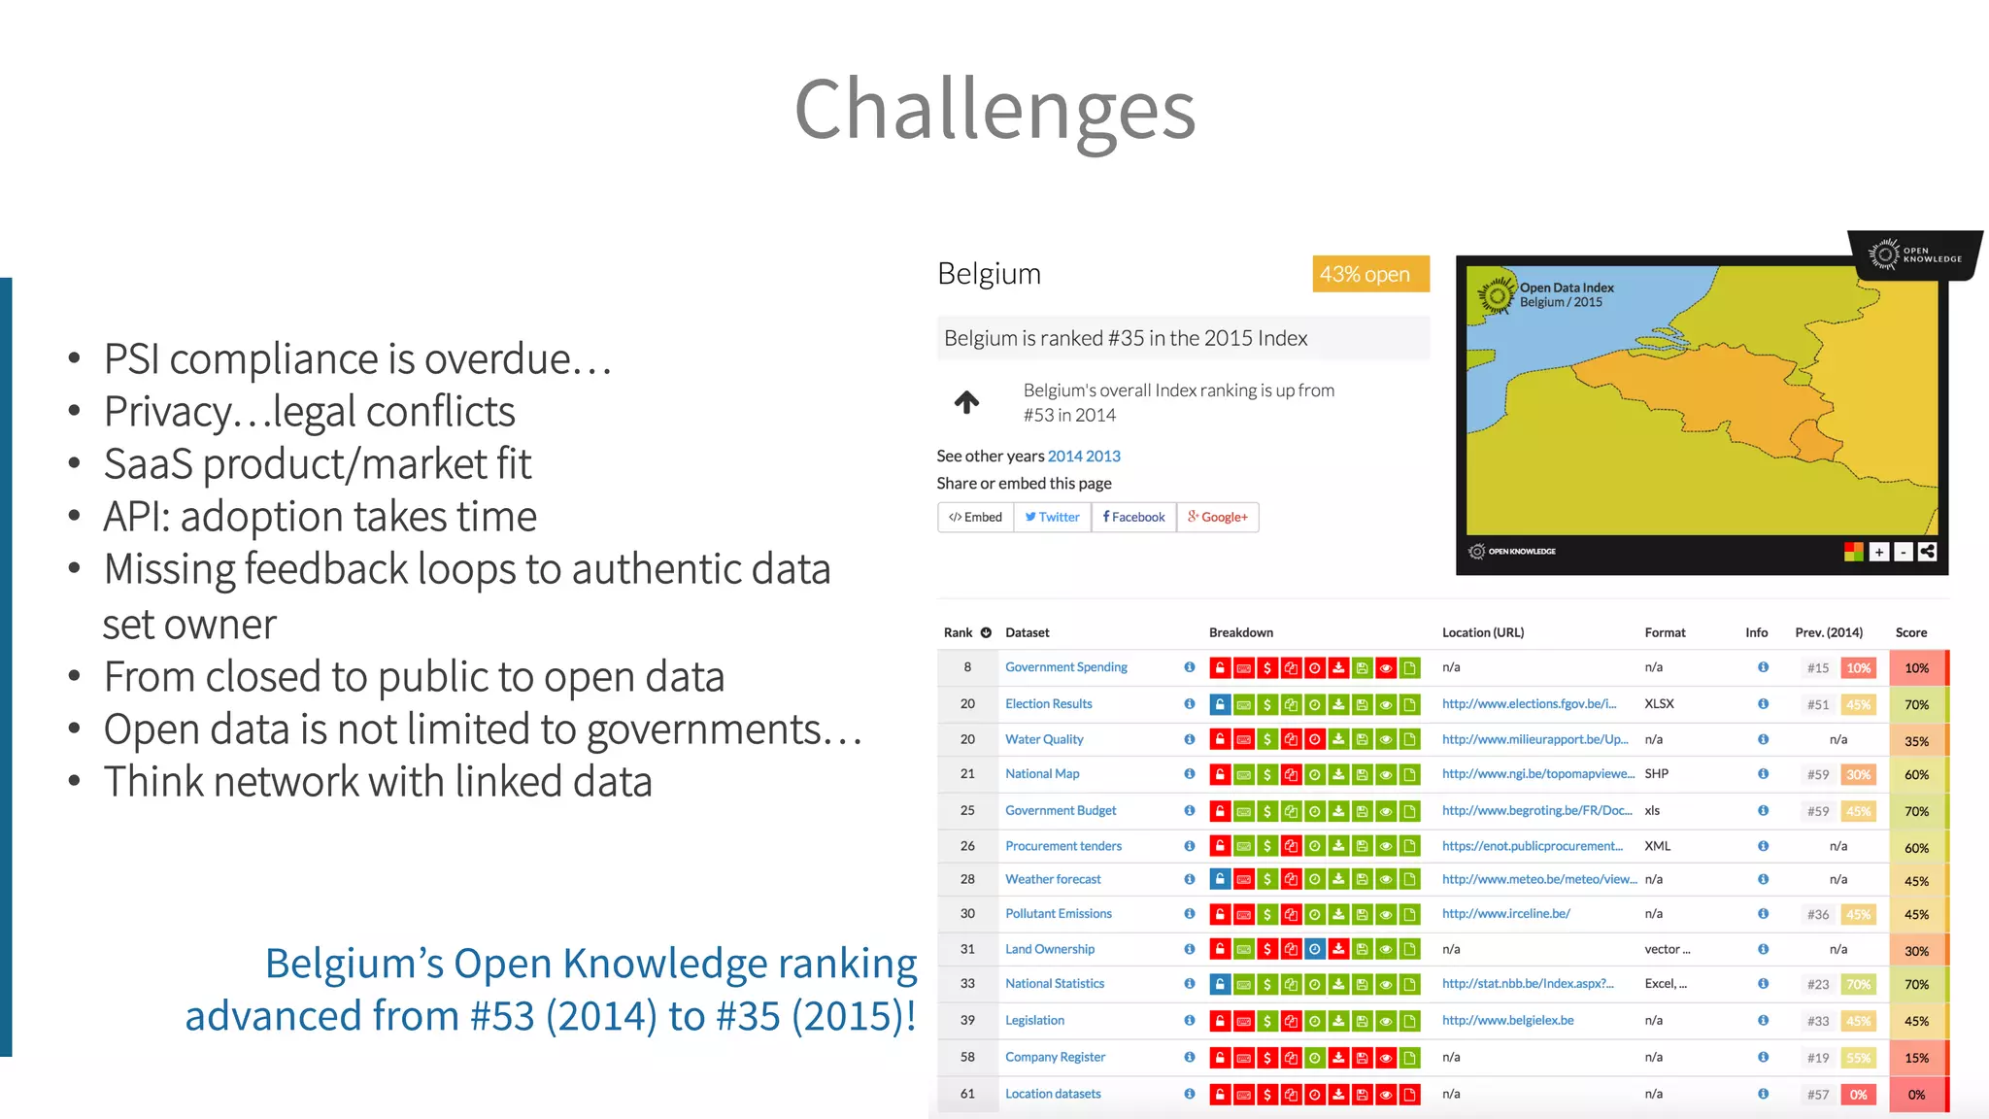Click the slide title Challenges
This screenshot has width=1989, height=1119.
click(994, 110)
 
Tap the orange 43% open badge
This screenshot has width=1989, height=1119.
click(1369, 274)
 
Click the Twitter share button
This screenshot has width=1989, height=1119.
click(1052, 517)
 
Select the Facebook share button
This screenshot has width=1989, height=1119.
click(1133, 517)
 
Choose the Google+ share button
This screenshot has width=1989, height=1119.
click(1218, 517)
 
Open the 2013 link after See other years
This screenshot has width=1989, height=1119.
click(1103, 456)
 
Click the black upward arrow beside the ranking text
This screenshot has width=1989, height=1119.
click(966, 402)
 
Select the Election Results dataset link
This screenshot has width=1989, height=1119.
click(1048, 703)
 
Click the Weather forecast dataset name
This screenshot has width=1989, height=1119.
click(1053, 879)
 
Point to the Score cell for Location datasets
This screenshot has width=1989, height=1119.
click(1916, 1095)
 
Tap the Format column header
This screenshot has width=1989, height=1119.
click(1665, 632)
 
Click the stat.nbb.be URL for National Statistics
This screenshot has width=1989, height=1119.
click(1527, 983)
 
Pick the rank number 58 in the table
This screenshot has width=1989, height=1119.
click(967, 1057)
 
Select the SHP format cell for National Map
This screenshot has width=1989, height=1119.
click(1657, 774)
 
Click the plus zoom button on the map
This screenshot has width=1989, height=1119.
click(1879, 552)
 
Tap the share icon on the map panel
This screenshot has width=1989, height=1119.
click(1928, 552)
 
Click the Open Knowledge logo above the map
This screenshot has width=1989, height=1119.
click(1914, 254)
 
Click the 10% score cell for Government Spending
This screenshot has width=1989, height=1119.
click(1916, 668)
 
